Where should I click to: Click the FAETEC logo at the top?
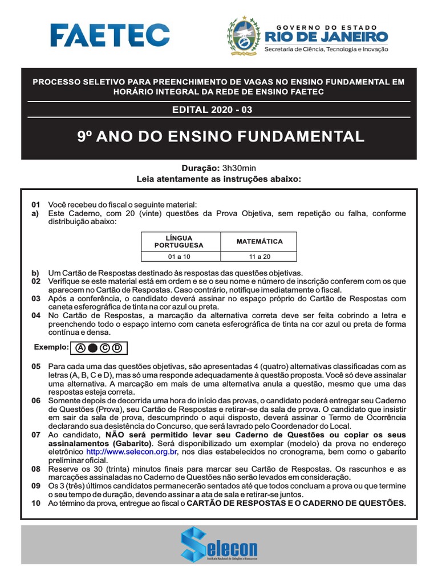coord(109,35)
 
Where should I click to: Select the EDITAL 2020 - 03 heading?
coord(220,110)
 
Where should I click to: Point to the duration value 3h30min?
coord(240,168)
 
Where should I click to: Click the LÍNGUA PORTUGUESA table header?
coord(179,241)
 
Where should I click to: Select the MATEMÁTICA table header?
coord(259,241)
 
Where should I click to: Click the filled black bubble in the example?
coord(92,347)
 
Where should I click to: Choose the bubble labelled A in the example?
coord(80,347)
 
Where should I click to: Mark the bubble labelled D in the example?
coord(117,347)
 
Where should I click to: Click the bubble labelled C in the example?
coord(105,347)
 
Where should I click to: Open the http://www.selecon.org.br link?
coord(132,452)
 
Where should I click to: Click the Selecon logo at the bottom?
coord(219,545)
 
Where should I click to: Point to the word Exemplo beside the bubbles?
coord(51,347)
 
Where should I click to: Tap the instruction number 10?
coord(36,503)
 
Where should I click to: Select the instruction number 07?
coord(36,435)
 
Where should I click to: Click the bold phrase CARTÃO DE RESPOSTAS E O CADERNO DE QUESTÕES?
coord(297,503)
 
